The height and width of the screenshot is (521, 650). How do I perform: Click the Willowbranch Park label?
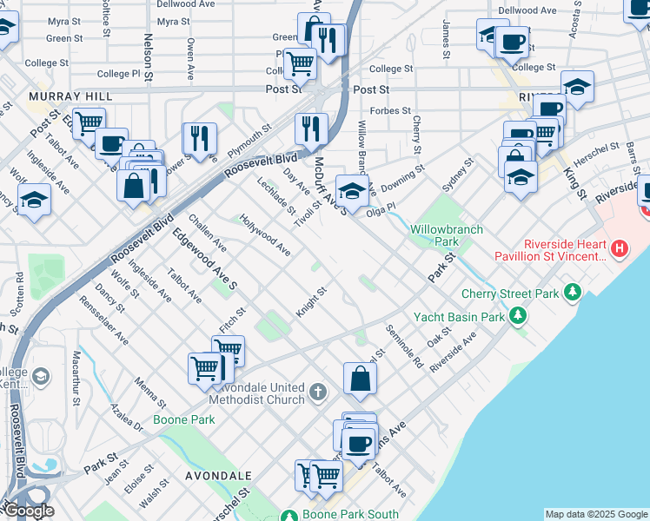click(x=446, y=235)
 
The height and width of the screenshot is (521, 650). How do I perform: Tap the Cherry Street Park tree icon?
click(x=572, y=293)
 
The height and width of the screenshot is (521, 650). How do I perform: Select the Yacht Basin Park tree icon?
click(x=519, y=316)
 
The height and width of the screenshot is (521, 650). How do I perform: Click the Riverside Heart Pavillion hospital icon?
click(x=619, y=249)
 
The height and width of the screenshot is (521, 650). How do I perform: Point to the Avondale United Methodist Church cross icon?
click(x=318, y=392)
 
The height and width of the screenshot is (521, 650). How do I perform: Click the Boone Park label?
click(x=184, y=419)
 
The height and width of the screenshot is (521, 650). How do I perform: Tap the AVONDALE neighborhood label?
click(x=218, y=476)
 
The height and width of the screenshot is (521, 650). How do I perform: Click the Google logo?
click(x=28, y=511)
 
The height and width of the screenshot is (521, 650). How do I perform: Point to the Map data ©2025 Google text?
click(x=596, y=514)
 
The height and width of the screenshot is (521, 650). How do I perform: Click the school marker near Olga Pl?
click(x=352, y=190)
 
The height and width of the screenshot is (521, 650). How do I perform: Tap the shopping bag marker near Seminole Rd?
click(x=360, y=379)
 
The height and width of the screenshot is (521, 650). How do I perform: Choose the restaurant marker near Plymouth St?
click(x=199, y=138)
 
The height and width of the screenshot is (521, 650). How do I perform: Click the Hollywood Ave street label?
click(x=264, y=234)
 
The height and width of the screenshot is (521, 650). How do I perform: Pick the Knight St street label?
click(x=310, y=302)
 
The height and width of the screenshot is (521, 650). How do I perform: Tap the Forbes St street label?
click(x=390, y=110)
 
